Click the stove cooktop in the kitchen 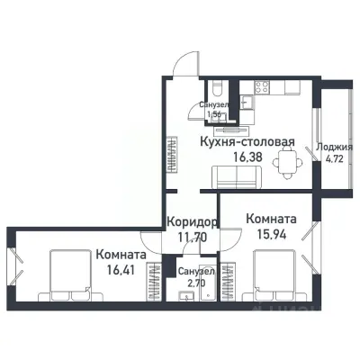pos(264,87)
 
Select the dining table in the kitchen pos(286,161)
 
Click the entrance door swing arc pos(184,63)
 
